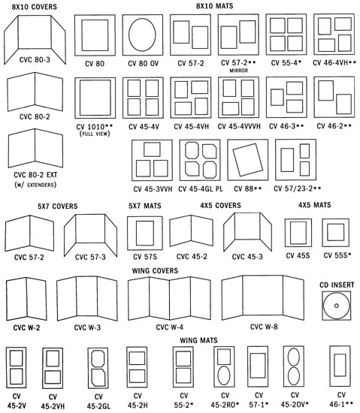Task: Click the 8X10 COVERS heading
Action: pos(35,7)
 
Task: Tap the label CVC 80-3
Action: pos(35,60)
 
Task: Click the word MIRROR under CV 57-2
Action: pos(239,71)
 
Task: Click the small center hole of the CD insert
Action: pos(337,306)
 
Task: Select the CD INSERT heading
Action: pos(337,285)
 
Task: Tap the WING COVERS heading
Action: pos(155,270)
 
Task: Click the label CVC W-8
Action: pos(264,327)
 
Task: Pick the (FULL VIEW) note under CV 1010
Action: pos(95,134)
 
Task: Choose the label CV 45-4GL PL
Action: pos(201,188)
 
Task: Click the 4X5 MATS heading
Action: pos(315,205)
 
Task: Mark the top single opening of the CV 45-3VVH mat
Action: pos(152,149)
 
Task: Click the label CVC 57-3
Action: pos(90,257)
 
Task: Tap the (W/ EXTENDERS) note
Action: pos(35,185)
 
